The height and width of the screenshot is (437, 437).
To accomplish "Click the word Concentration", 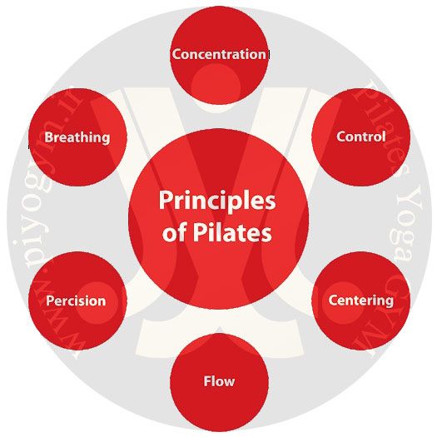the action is click(x=219, y=54).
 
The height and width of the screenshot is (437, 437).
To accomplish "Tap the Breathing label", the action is click(x=77, y=137).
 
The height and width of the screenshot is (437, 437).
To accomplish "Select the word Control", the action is click(x=361, y=137).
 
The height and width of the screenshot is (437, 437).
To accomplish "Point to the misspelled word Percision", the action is click(x=76, y=300).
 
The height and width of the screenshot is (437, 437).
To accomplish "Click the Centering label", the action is click(x=361, y=301).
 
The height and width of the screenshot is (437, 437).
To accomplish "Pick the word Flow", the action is click(x=219, y=381).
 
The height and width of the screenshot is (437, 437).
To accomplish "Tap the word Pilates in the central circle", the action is click(x=232, y=232).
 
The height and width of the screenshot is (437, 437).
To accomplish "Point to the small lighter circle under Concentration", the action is click(x=216, y=83).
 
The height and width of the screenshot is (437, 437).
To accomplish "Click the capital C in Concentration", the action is click(x=176, y=54).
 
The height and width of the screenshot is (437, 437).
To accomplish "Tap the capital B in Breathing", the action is click(x=49, y=137).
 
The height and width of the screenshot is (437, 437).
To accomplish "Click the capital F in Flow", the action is click(x=207, y=381).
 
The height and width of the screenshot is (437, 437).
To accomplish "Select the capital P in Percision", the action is click(x=50, y=300).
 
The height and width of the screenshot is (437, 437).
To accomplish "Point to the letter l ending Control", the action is click(x=384, y=137).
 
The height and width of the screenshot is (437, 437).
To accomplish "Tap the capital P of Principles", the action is click(x=166, y=200).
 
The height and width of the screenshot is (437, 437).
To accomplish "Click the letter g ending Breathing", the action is click(x=105, y=139).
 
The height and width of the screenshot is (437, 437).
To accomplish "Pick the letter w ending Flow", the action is click(x=228, y=383).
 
